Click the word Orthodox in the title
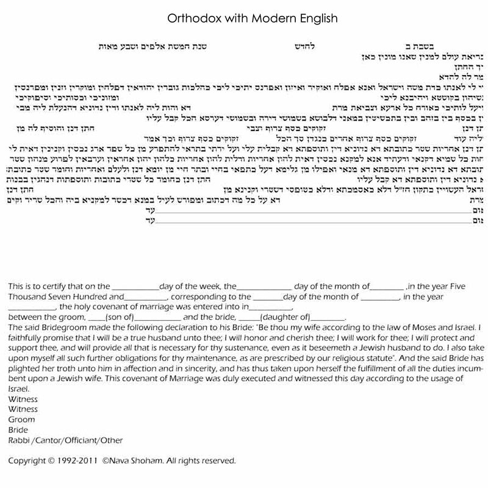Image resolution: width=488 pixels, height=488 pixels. pos(187,18)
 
